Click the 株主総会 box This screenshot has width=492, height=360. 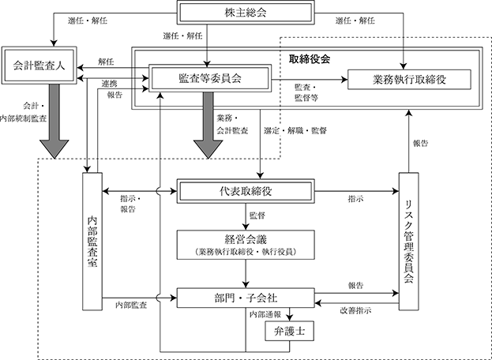pos(246,13)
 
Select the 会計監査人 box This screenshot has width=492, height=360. pos(39,66)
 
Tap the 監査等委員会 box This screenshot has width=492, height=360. pos(210,78)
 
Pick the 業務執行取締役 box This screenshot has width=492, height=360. pos(409,80)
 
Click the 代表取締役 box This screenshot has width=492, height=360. pos(246,191)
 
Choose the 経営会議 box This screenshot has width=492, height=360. pos(246,245)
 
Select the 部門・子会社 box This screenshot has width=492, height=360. pos(246,298)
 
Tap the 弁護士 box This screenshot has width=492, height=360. pos(289,331)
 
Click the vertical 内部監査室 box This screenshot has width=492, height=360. pos(92,242)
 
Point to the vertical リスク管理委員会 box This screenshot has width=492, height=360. pos(408,242)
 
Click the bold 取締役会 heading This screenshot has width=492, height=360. pos(310,59)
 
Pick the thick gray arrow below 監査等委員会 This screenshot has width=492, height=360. pos(208,125)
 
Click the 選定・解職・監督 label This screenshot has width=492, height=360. pos(295,130)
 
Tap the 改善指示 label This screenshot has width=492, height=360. pos(356,311)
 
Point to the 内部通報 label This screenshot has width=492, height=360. pos(265,314)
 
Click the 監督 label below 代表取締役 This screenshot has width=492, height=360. pos(257,216)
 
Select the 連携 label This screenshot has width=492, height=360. pos(109,84)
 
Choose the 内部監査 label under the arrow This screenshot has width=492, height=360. pos(131,305)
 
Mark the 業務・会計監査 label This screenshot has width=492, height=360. pos(232,125)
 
